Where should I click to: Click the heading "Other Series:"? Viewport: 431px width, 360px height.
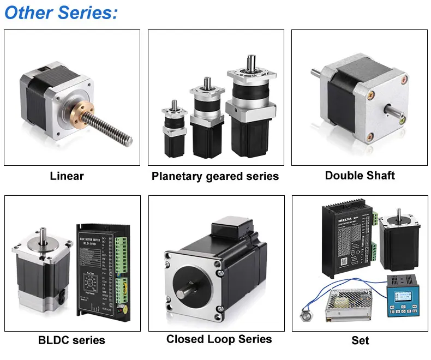[61, 13]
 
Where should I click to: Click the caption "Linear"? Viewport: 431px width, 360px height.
[67, 176]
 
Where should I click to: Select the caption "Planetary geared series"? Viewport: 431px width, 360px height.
[215, 176]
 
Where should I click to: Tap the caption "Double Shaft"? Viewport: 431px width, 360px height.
[360, 175]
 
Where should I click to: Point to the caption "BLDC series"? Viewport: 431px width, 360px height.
[71, 340]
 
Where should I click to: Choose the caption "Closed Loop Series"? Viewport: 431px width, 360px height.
[219, 339]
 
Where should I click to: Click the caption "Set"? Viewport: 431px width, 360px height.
[360, 340]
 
